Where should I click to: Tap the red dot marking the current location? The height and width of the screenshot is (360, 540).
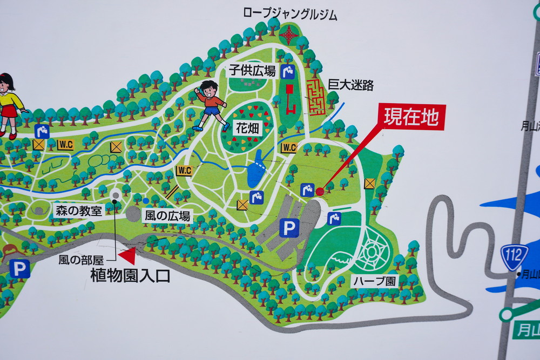319,191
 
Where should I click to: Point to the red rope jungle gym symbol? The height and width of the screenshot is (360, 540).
289,35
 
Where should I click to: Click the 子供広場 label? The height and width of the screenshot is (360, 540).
253,70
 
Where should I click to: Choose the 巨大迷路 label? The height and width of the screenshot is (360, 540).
350,85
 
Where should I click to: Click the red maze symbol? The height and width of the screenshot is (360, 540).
316,97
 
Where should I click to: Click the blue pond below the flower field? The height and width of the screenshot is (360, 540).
255,172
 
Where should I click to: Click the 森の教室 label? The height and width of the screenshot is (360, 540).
79,210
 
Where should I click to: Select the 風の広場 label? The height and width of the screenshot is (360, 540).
167,216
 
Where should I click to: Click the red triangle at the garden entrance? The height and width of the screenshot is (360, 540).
128,256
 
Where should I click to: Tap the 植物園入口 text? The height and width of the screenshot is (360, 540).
130,276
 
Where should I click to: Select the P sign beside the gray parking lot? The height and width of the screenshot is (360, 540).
289,228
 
